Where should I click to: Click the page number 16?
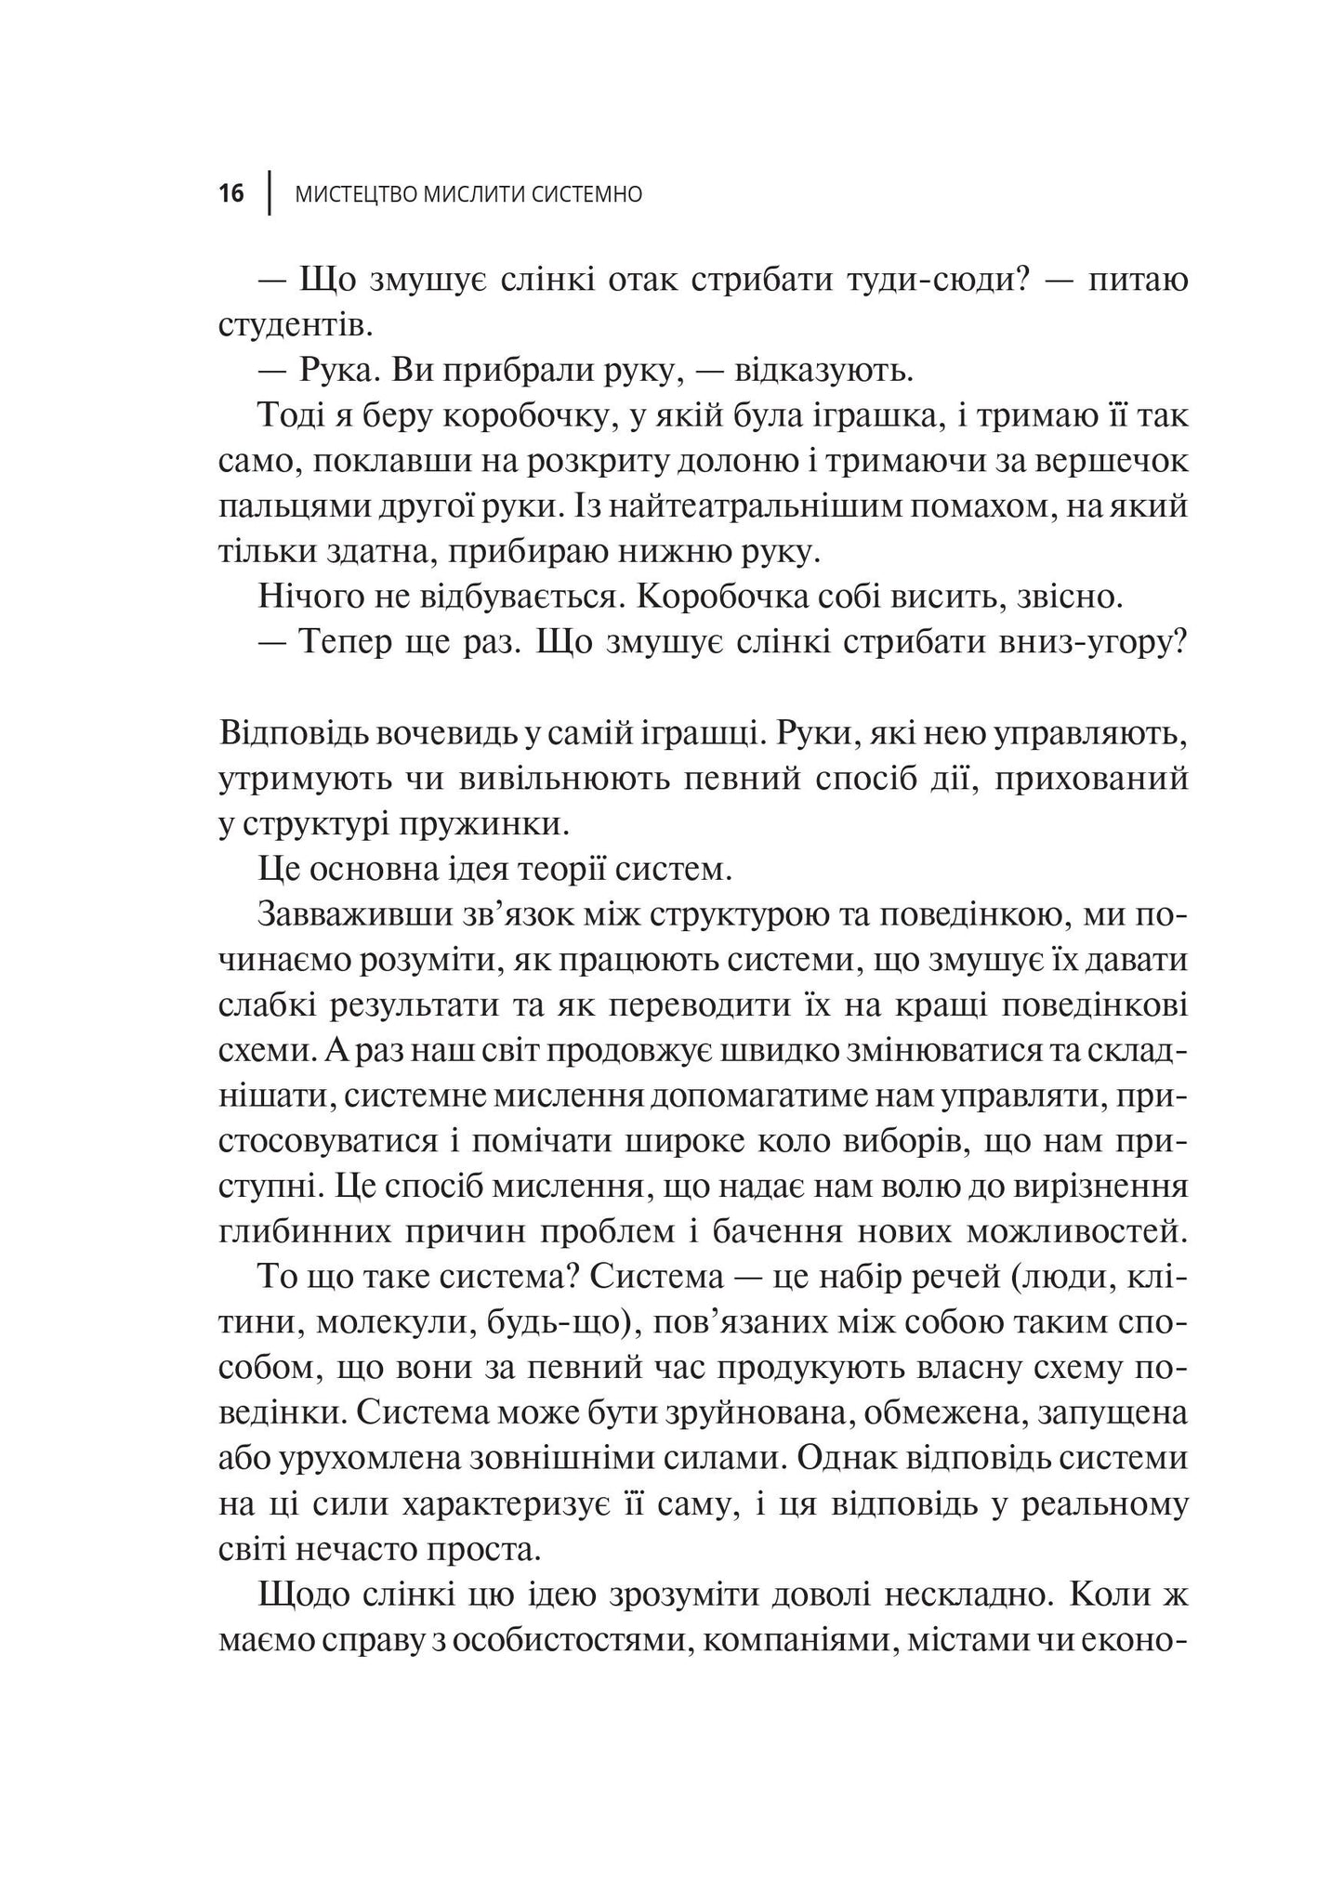(231, 194)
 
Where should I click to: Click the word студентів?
(295, 326)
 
